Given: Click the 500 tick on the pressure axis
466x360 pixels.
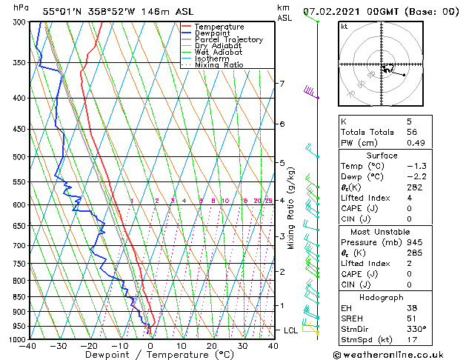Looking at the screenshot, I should (19, 157).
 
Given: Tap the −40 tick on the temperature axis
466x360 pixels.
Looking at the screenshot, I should (28, 346).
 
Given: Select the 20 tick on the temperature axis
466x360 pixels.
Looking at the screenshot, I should (212, 346).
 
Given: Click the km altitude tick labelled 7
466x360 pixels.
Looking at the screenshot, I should (282, 84).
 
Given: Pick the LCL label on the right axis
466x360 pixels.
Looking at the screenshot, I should (290, 330).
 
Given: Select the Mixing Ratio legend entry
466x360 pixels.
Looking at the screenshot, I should (219, 65).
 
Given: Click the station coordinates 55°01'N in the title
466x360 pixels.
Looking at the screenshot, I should (61, 11).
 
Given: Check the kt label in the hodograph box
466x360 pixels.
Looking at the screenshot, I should (344, 26).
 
